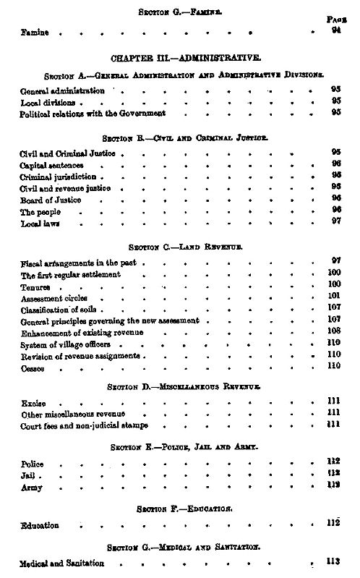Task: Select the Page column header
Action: click(x=333, y=21)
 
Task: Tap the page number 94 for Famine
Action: click(x=335, y=32)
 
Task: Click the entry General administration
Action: click(x=62, y=91)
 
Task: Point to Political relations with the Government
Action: click(x=93, y=114)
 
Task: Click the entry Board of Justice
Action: click(x=51, y=200)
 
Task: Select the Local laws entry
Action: click(x=40, y=224)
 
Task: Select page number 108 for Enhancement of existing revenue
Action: click(x=335, y=332)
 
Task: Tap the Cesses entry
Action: click(x=33, y=367)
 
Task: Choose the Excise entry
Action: click(x=33, y=401)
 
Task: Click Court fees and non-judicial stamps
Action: click(x=85, y=425)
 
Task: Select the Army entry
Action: click(x=31, y=488)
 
